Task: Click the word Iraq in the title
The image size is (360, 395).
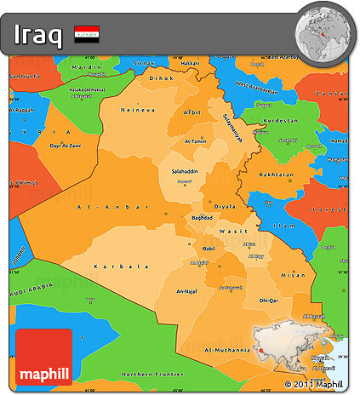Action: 37,35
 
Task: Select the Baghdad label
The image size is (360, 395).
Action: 202,218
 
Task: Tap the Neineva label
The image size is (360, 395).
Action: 139,110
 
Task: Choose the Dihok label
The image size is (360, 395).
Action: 160,77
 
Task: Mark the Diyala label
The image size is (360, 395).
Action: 225,205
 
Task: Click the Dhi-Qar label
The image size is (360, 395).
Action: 269,301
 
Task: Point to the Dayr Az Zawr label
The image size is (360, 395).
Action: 68,146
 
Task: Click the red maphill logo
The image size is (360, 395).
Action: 43,358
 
